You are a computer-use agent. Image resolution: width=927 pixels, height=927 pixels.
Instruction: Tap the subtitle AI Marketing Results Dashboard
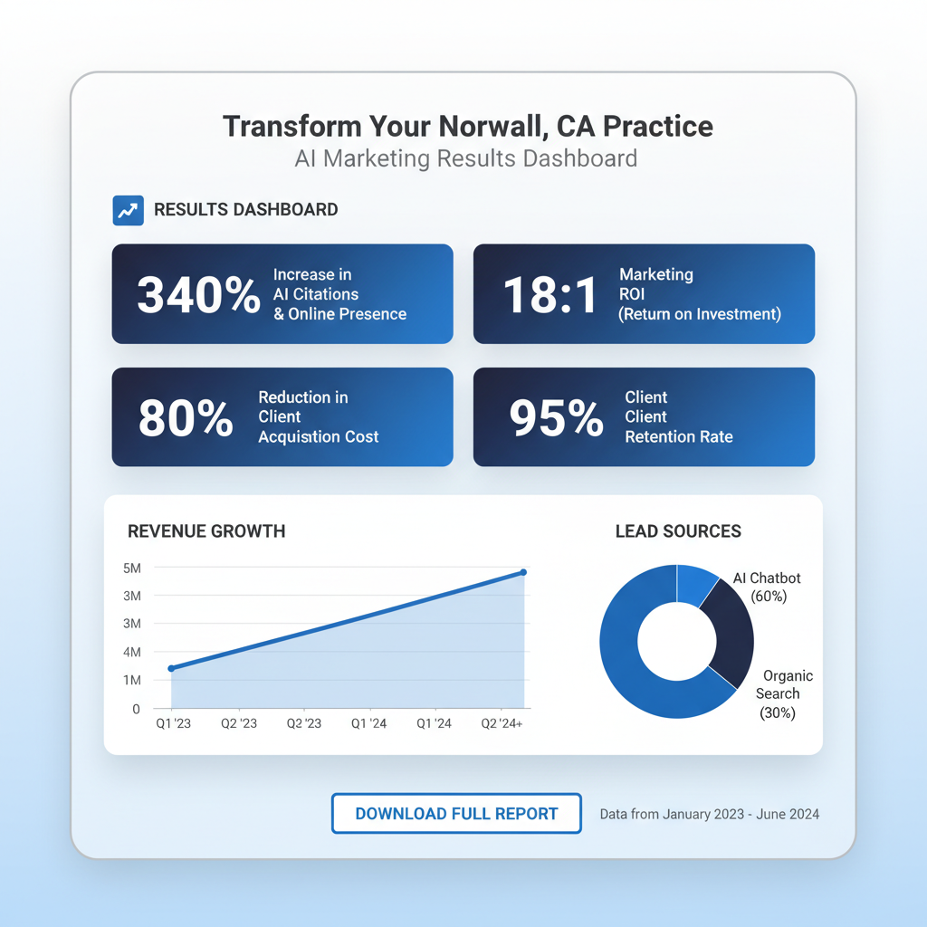[465, 158]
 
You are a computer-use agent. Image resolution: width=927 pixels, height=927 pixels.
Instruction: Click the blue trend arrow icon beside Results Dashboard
[128, 210]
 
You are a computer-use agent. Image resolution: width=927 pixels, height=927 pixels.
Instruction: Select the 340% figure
[198, 295]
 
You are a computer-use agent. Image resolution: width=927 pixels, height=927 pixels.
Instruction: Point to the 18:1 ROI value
[550, 295]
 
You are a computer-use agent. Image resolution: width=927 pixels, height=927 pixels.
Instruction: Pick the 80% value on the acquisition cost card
[185, 418]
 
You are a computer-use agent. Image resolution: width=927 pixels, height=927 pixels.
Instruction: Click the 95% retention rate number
[556, 418]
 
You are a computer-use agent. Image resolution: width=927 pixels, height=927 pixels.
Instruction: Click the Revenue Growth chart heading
[206, 531]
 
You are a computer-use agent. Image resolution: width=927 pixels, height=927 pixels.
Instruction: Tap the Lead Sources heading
[678, 531]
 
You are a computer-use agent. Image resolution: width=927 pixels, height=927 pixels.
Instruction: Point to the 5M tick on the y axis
[132, 569]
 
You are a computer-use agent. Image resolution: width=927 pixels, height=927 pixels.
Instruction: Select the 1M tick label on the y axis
[132, 680]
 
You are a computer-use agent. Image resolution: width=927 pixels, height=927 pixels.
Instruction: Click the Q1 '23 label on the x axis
[173, 723]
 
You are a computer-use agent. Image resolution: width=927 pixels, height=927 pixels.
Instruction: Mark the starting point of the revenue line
[171, 669]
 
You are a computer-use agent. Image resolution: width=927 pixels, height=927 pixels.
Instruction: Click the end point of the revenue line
[523, 572]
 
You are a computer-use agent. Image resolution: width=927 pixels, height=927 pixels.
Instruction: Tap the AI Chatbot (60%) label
[767, 588]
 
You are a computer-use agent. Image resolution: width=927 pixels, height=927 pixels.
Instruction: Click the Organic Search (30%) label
[780, 694]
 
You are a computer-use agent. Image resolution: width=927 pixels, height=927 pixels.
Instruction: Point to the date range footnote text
[709, 814]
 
